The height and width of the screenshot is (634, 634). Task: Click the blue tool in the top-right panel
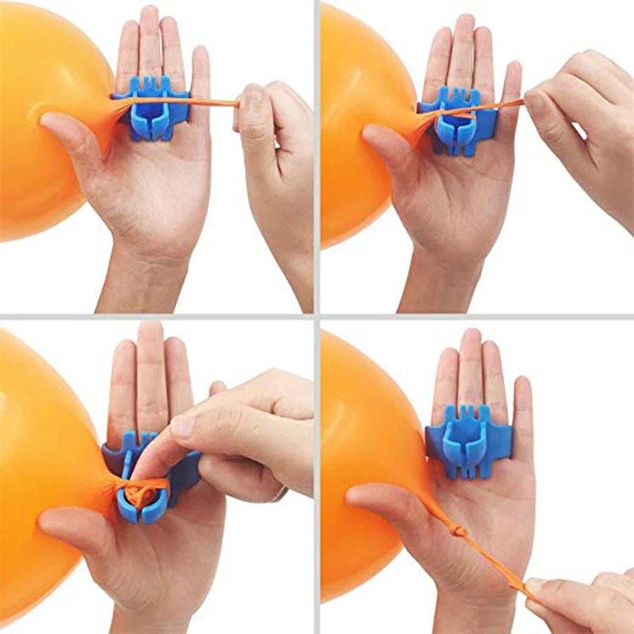tap(458, 119)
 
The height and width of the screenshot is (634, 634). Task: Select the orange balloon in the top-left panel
tap(48, 119)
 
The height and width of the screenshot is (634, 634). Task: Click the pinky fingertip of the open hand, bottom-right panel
tap(521, 388)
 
